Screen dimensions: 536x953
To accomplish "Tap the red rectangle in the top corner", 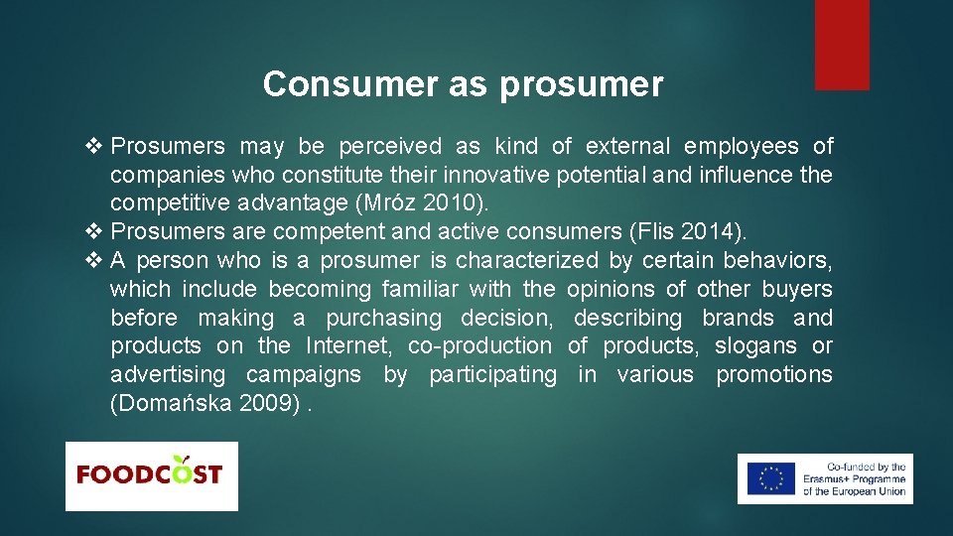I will pyautogui.click(x=842, y=45).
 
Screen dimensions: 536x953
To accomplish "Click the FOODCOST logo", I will pyautogui.click(x=151, y=475).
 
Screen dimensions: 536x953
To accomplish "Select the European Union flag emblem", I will pyautogui.click(x=771, y=478).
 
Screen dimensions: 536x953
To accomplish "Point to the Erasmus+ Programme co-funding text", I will pyautogui.click(x=855, y=479).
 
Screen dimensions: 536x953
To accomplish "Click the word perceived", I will pyautogui.click(x=390, y=147).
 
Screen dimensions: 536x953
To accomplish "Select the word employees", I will pyautogui.click(x=742, y=147).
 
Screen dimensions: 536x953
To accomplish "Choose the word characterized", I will pyautogui.click(x=527, y=261).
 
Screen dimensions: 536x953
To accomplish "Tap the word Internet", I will pyautogui.click(x=351, y=346).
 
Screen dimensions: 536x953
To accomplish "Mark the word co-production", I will pyautogui.click(x=479, y=346).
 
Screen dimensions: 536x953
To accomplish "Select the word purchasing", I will pyautogui.click(x=383, y=319).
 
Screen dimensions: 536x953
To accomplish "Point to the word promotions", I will pyautogui.click(x=774, y=375).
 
